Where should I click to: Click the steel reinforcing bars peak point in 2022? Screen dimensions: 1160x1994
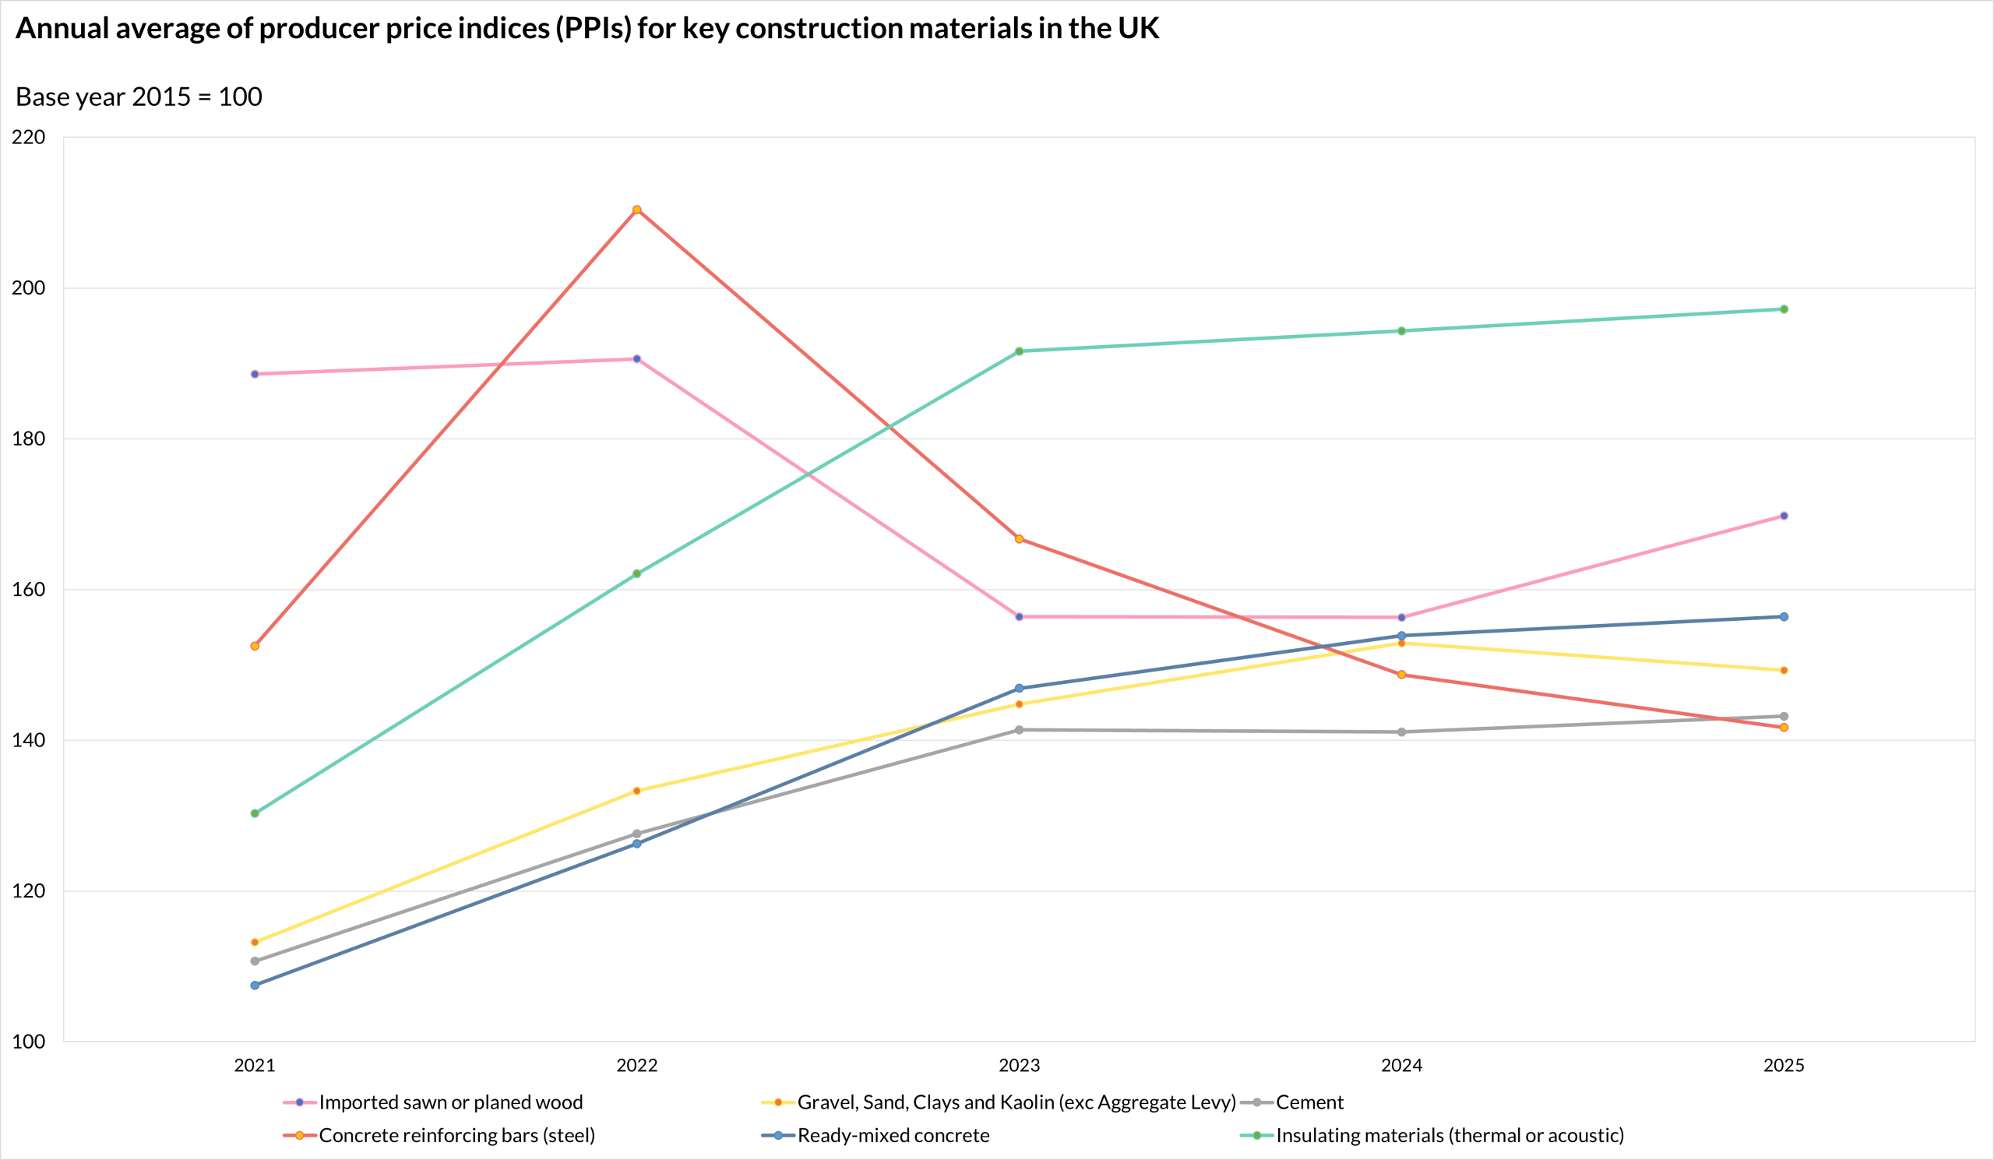coord(637,210)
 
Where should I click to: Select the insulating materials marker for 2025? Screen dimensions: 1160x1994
coord(1784,309)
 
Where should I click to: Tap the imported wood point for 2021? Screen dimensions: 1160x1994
coord(255,374)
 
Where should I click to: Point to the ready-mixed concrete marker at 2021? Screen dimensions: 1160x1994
coord(255,985)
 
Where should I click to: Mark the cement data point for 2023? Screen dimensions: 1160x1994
coord(1019,729)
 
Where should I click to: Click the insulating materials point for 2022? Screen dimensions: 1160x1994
coord(637,573)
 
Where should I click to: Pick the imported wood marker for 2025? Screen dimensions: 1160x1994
coord(1784,516)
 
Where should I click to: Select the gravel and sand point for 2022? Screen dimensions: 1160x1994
coord(637,791)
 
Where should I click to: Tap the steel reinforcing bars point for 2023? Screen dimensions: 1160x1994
coord(1019,539)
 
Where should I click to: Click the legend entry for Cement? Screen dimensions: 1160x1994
coord(1309,1102)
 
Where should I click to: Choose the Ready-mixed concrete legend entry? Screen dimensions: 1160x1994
coord(893,1136)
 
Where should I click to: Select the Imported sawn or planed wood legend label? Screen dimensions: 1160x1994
coord(450,1102)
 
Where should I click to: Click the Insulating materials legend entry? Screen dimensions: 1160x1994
coord(1450,1136)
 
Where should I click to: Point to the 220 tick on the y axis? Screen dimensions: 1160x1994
coord(29,137)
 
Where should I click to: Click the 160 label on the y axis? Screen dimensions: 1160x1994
coord(29,590)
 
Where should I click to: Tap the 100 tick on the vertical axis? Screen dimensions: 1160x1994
coord(29,1042)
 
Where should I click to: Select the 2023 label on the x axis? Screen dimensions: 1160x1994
coord(1019,1065)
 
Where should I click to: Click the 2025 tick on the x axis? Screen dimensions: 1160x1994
coord(1784,1065)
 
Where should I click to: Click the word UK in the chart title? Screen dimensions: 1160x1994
coord(1138,29)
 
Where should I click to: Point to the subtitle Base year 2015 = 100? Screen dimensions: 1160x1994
coord(139,97)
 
